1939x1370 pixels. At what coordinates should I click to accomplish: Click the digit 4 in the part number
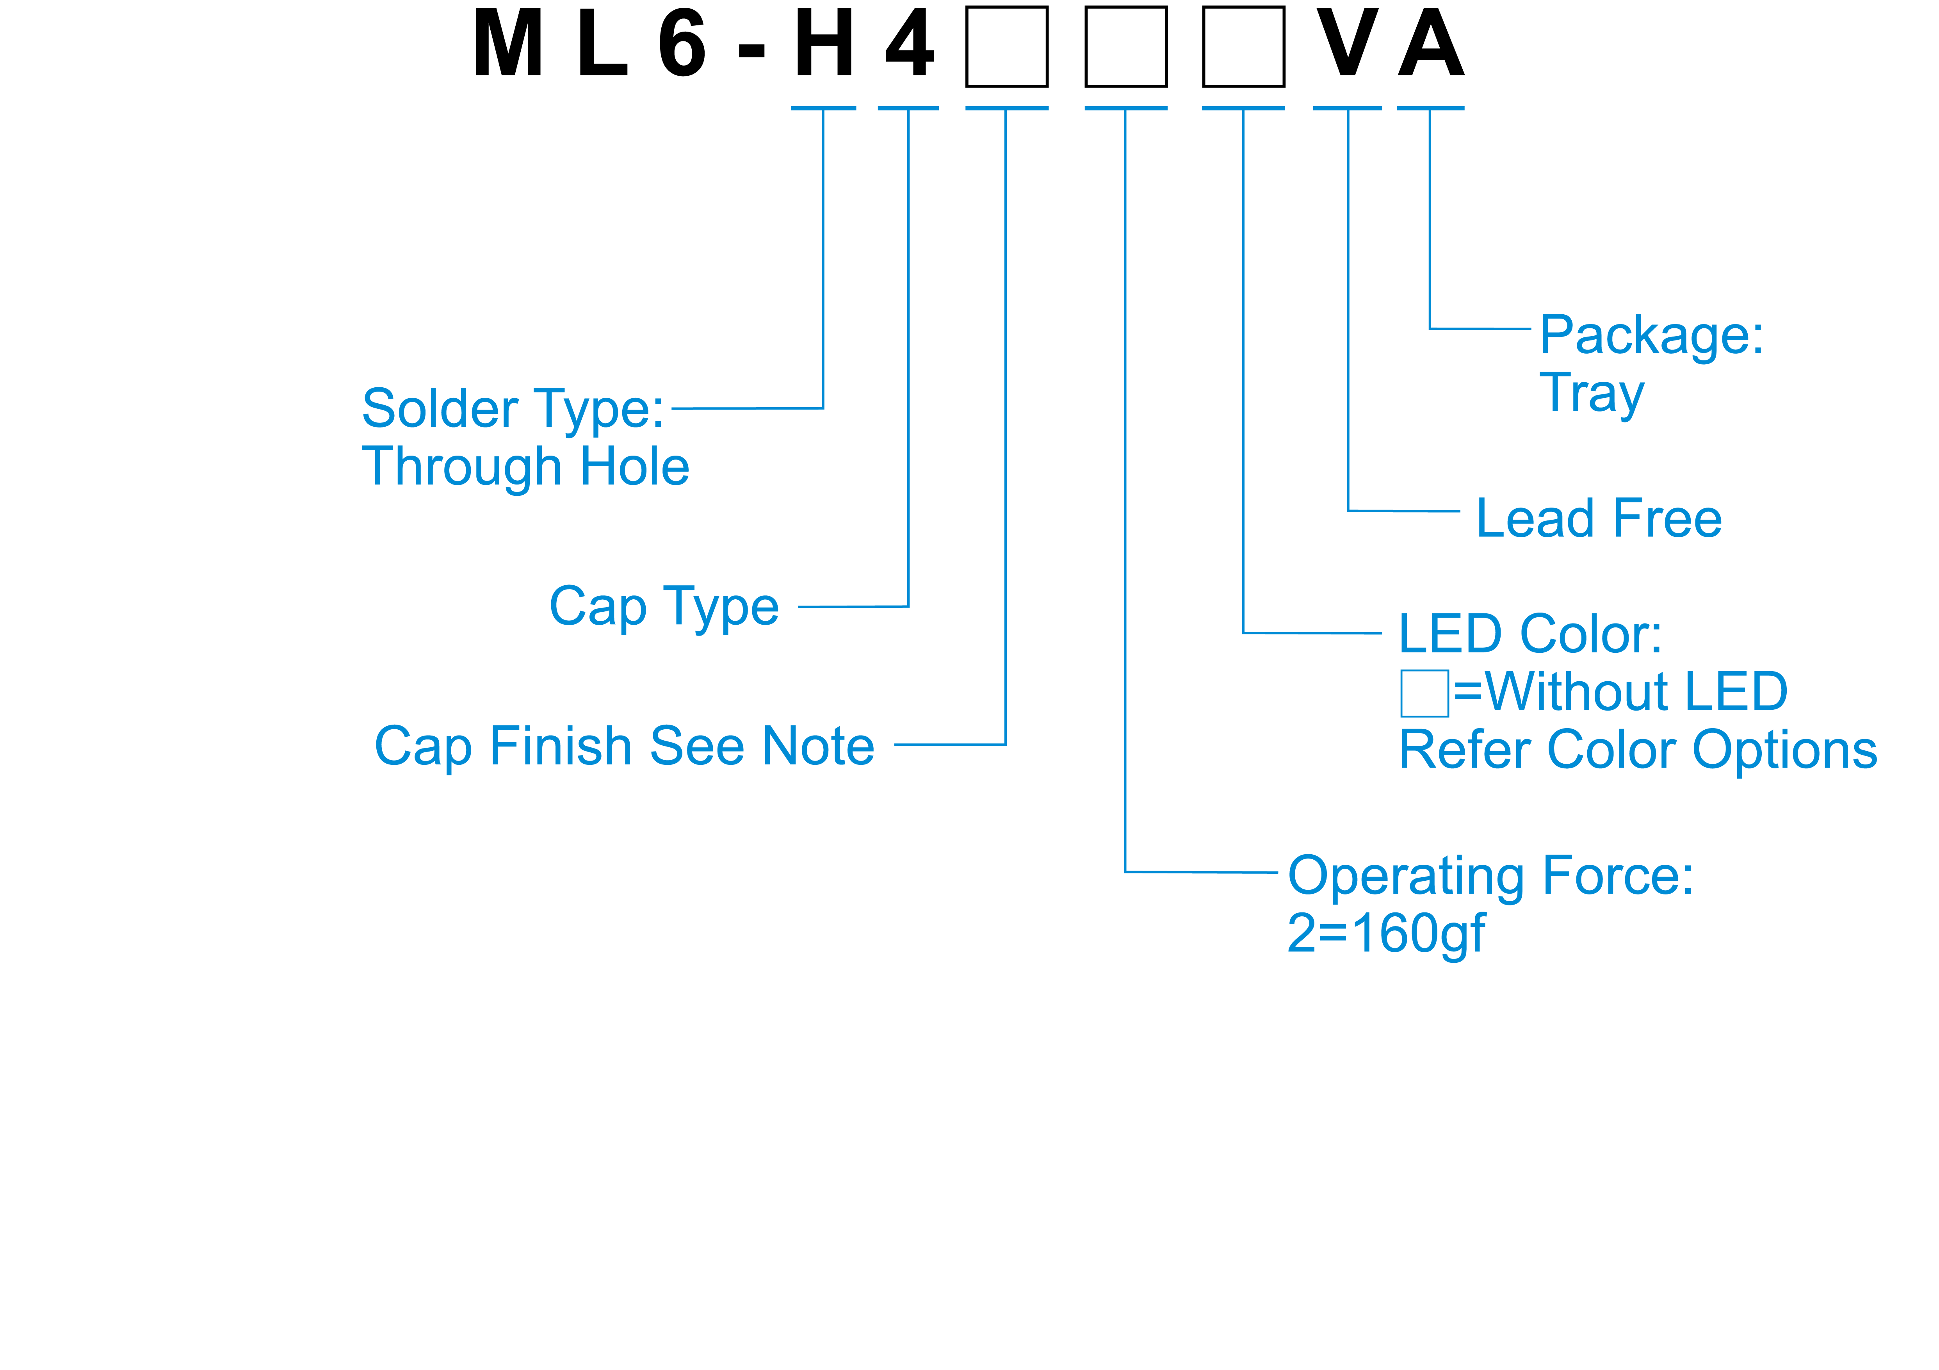910,44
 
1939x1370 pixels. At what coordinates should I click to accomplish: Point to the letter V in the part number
1348,44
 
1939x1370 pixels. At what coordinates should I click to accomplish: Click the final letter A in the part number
1431,44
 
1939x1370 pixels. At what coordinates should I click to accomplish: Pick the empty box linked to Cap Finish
1007,46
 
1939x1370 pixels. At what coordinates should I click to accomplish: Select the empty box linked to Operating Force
1126,46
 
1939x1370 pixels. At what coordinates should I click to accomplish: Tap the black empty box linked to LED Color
1243,46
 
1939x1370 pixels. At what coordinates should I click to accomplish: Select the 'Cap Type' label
664,606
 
